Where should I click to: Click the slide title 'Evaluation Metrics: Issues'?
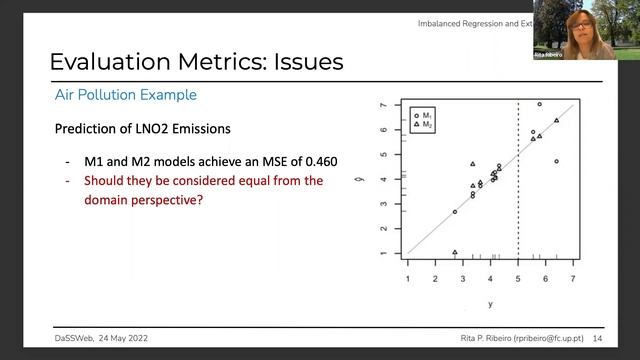point(196,61)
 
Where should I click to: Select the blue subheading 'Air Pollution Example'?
point(125,95)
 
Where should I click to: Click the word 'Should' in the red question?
point(108,181)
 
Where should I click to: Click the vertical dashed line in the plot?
point(517,180)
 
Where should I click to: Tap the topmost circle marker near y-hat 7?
point(539,104)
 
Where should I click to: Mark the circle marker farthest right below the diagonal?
point(556,161)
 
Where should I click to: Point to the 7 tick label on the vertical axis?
point(383,104)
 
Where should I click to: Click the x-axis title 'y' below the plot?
point(490,303)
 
